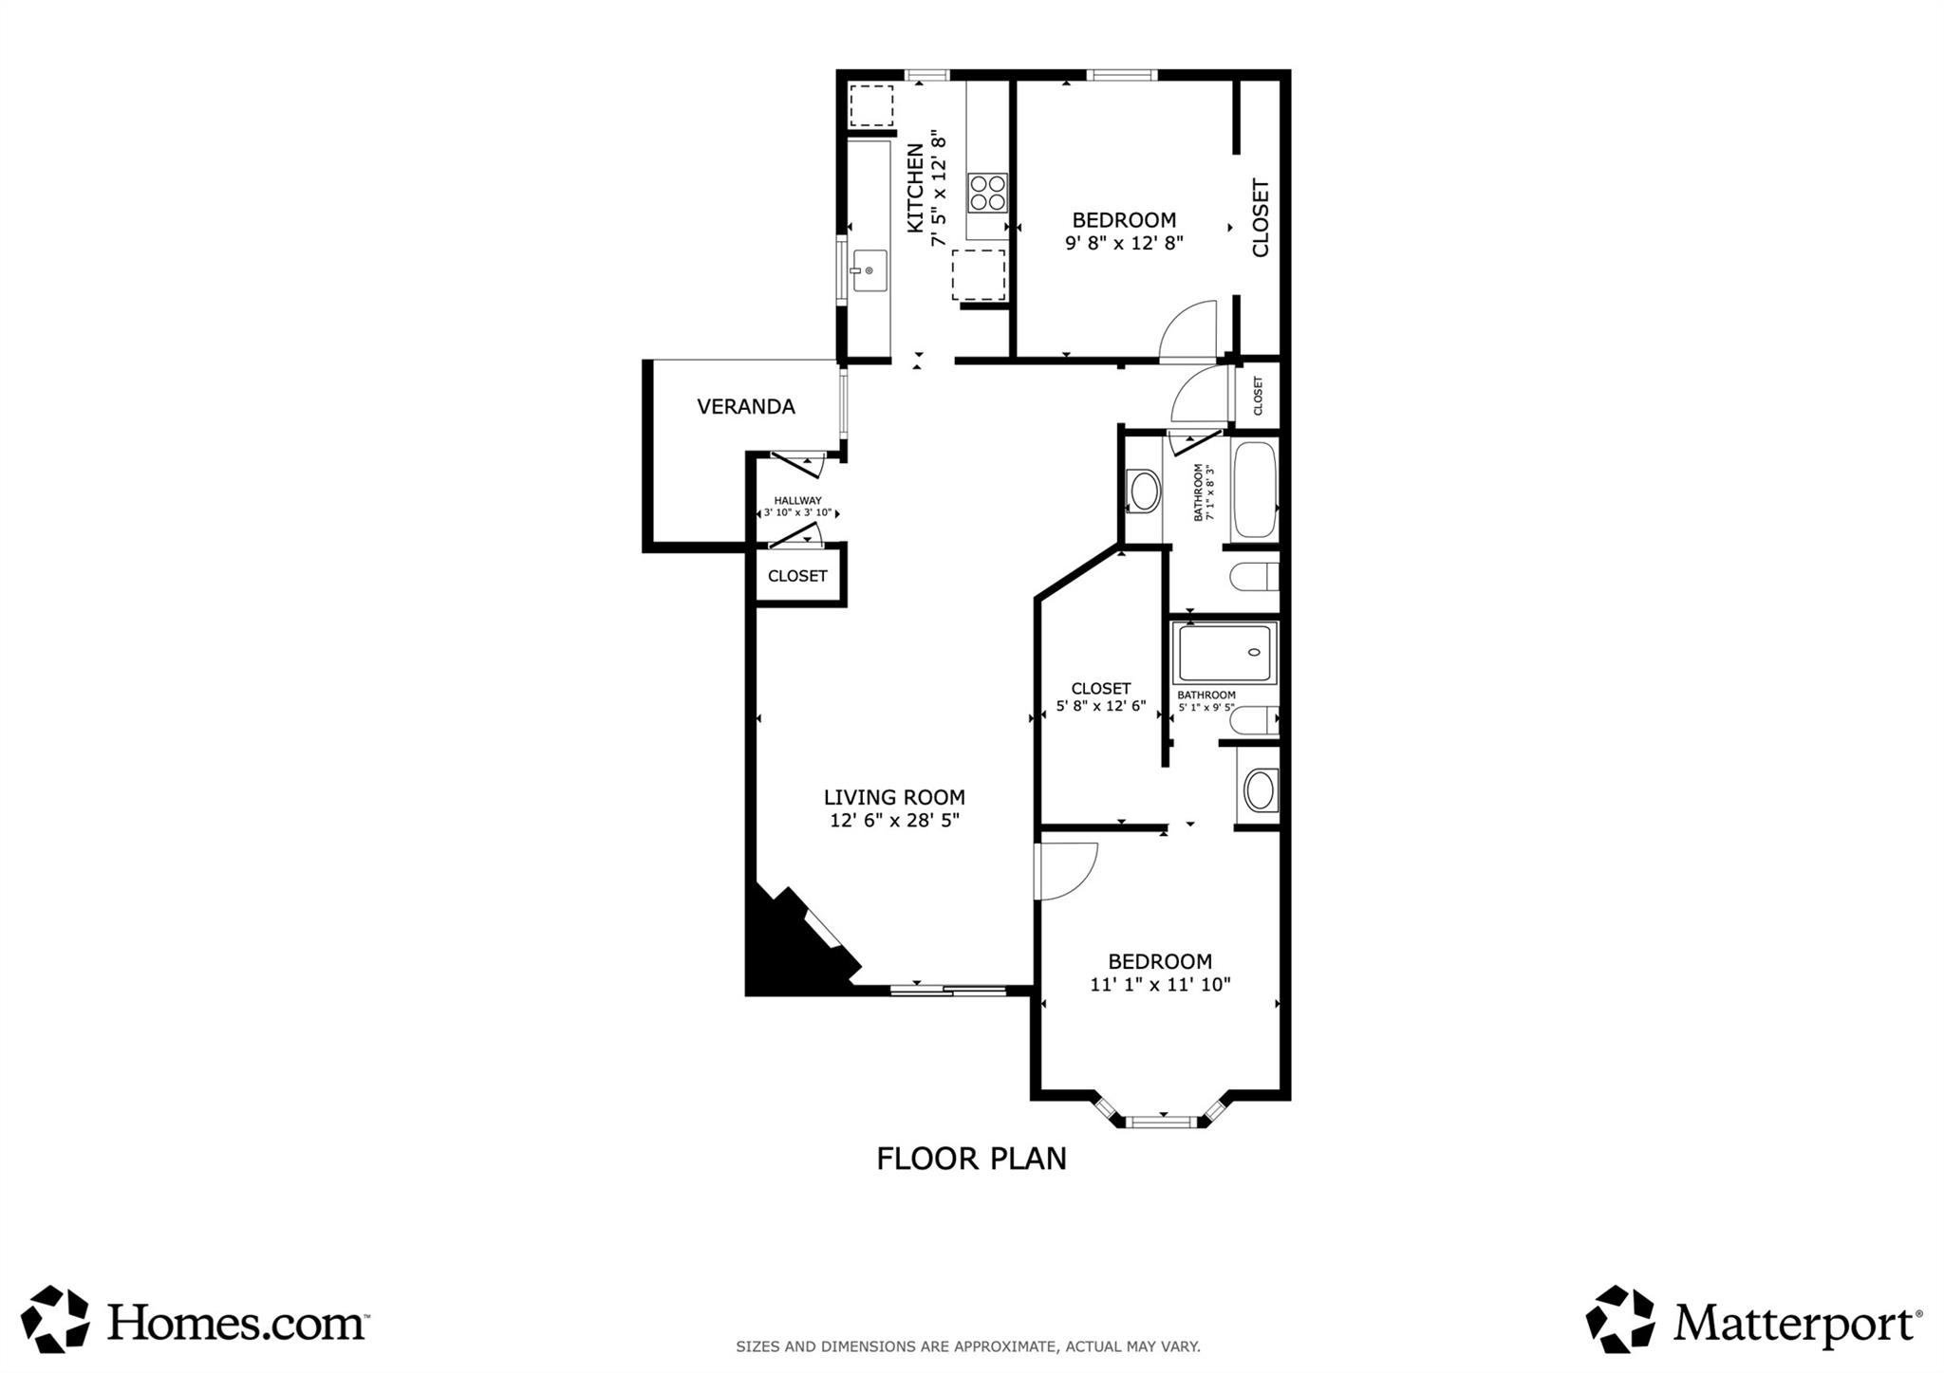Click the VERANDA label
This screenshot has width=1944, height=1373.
(745, 407)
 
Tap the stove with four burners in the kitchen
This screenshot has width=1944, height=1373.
(987, 193)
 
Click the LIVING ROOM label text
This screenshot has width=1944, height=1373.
(894, 798)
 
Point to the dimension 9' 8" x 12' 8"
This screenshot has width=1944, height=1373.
(1124, 243)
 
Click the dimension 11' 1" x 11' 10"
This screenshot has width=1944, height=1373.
(1160, 985)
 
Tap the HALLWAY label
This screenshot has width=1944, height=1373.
(797, 501)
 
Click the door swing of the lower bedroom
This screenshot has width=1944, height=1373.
(1066, 869)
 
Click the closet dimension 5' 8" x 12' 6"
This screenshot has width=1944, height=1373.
(1101, 707)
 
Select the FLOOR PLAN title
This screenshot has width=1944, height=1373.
(971, 1160)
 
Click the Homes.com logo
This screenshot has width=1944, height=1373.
(195, 1320)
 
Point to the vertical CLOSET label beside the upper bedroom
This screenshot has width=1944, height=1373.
(1261, 218)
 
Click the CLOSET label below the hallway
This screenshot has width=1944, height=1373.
(797, 576)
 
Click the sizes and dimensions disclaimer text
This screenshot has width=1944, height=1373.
(967, 1346)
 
